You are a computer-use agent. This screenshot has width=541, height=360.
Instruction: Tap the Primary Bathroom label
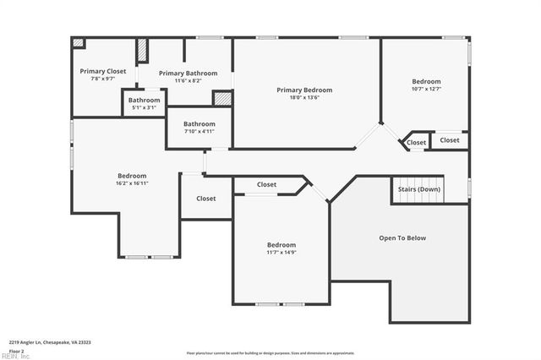click(x=189, y=74)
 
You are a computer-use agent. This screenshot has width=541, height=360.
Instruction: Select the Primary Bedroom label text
click(x=304, y=90)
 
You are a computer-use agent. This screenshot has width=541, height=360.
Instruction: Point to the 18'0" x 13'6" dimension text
click(x=304, y=97)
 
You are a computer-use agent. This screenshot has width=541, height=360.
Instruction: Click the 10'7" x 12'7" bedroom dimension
click(x=426, y=89)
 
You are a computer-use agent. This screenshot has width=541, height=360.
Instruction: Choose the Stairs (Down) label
click(x=418, y=189)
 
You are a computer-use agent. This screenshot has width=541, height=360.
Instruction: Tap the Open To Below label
click(x=402, y=237)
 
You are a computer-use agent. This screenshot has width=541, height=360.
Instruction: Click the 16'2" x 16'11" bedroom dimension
click(x=132, y=183)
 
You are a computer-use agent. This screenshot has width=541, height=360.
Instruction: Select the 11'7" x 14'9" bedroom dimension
click(x=281, y=252)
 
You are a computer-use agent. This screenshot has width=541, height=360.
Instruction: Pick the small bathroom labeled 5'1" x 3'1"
click(x=144, y=107)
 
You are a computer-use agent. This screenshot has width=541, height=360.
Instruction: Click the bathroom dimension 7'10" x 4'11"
click(x=199, y=131)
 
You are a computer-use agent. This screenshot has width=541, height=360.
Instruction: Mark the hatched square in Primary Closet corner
click(x=78, y=42)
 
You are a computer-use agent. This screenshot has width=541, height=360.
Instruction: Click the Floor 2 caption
click(x=16, y=350)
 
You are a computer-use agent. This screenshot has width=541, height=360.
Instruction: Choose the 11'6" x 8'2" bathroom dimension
click(x=189, y=81)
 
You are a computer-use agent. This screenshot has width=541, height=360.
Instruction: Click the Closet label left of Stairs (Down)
click(x=416, y=143)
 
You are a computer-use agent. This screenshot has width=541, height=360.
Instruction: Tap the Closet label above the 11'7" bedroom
click(x=266, y=184)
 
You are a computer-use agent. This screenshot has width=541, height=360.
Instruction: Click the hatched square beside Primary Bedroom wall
click(x=221, y=98)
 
